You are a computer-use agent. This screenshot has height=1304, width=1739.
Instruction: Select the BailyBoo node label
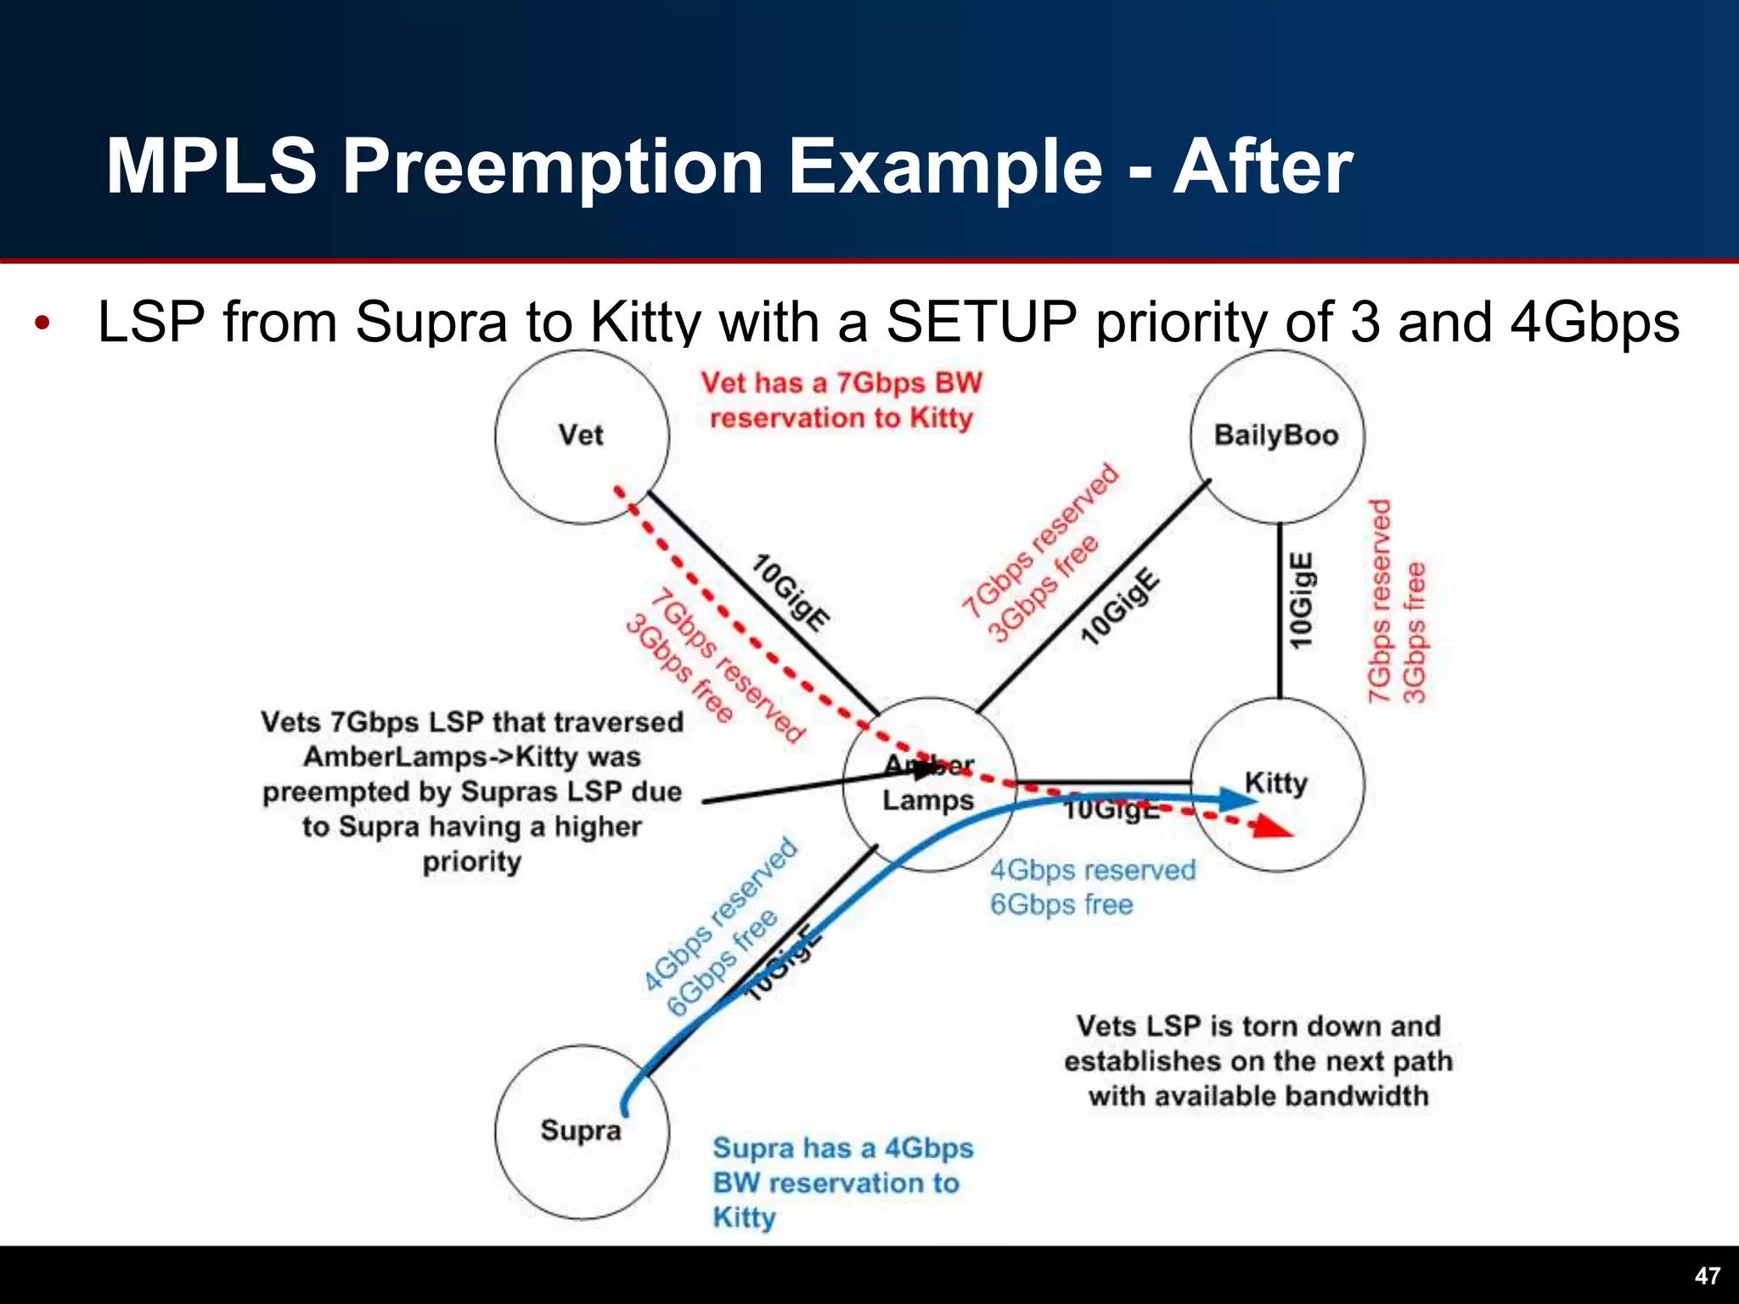[1275, 436]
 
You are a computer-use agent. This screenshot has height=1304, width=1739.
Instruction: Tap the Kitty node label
[1275, 782]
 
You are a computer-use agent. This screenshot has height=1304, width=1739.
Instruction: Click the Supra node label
[581, 1131]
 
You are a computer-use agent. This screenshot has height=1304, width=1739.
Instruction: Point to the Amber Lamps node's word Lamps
[928, 801]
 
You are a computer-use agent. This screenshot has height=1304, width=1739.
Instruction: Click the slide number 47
[1707, 1276]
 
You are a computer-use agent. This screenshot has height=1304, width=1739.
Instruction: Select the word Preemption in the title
[553, 167]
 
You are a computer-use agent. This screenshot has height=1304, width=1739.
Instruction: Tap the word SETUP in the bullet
[982, 323]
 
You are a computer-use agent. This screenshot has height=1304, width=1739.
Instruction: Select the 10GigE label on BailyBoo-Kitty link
[1301, 601]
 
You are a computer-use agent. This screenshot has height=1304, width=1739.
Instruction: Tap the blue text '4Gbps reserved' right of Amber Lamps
[1093, 870]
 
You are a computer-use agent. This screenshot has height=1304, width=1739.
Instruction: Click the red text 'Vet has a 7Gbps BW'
[841, 383]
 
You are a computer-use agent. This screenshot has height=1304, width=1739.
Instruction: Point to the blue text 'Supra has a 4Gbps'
[842, 1148]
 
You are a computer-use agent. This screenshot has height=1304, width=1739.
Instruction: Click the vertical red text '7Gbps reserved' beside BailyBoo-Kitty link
[1380, 601]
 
